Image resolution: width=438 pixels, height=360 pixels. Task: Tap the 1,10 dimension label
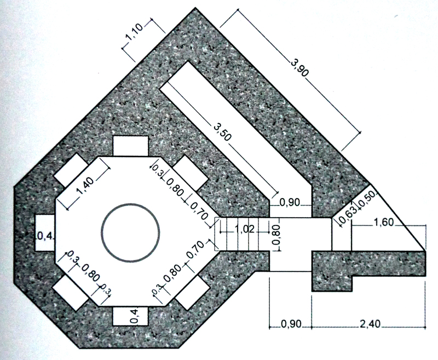coord(134,33)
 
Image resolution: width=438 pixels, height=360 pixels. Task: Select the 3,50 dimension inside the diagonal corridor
coord(222,132)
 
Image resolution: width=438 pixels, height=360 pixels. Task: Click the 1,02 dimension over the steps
coord(245,229)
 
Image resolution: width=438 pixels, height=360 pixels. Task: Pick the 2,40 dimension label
coord(370,324)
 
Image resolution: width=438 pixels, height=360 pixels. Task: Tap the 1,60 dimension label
coord(384,223)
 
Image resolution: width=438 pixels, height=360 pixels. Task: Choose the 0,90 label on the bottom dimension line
coord(291,324)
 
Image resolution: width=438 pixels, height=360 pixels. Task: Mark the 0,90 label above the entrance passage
coord(290,202)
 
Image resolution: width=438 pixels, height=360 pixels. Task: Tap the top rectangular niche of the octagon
coord(130,146)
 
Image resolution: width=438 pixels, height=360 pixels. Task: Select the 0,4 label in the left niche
coord(45,237)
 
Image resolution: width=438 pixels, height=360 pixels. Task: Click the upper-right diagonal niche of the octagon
coord(191,173)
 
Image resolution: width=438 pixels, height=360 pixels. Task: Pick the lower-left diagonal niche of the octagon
coord(71,293)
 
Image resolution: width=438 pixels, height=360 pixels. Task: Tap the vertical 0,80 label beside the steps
coord(275,235)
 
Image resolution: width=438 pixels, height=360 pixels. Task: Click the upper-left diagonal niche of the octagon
coord(72,171)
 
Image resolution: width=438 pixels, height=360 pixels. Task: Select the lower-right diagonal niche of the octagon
coord(192,293)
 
